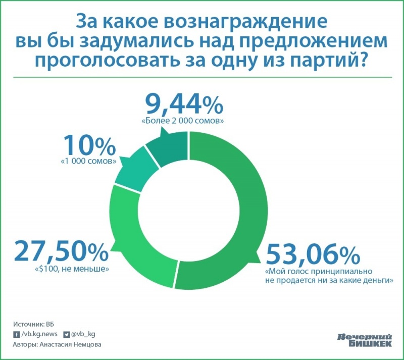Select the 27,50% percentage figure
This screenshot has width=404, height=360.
[x=61, y=251]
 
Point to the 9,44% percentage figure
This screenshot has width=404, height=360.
[x=184, y=106]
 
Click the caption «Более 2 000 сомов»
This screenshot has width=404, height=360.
[x=183, y=122]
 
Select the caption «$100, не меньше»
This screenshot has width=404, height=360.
[x=72, y=269]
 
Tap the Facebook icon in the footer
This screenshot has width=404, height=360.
[x=15, y=334]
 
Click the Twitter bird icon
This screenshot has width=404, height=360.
[x=66, y=334]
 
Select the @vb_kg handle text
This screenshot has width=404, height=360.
[x=83, y=334]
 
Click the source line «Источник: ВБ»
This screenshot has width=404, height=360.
[x=32, y=323]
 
